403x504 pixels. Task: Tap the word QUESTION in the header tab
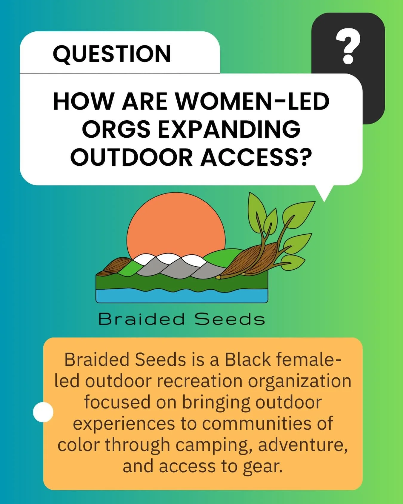(112, 54)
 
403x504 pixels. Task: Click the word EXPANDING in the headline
(229, 129)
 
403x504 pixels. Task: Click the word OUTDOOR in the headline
(131, 157)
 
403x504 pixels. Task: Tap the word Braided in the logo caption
(141, 319)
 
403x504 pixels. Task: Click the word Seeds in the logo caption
(230, 319)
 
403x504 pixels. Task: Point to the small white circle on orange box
(43, 412)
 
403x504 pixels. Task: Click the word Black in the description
(247, 359)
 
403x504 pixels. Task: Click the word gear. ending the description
(262, 466)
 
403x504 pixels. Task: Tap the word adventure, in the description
(303, 445)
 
